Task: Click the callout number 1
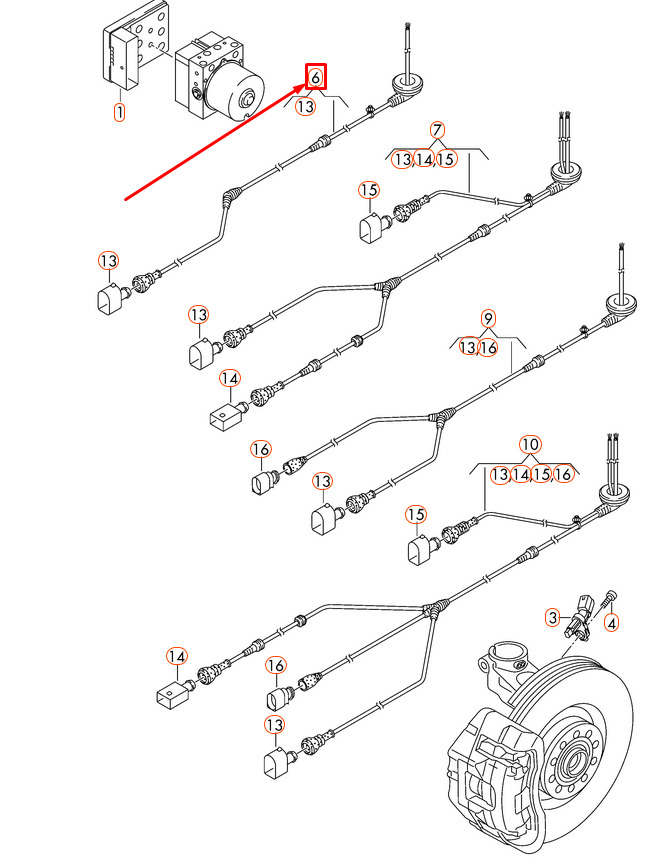coord(119,112)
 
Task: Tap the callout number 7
coord(437,130)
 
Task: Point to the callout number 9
coord(488,319)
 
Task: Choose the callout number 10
coord(530,444)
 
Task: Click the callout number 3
coord(551,617)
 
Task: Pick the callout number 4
coord(613,622)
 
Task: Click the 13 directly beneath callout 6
coord(305,106)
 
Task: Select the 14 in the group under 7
coord(424,159)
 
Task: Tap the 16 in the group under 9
coord(488,347)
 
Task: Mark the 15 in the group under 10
coord(542,474)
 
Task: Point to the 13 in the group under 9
coord(468,347)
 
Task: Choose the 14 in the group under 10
coord(521,474)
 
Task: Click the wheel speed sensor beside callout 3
coord(582,612)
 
